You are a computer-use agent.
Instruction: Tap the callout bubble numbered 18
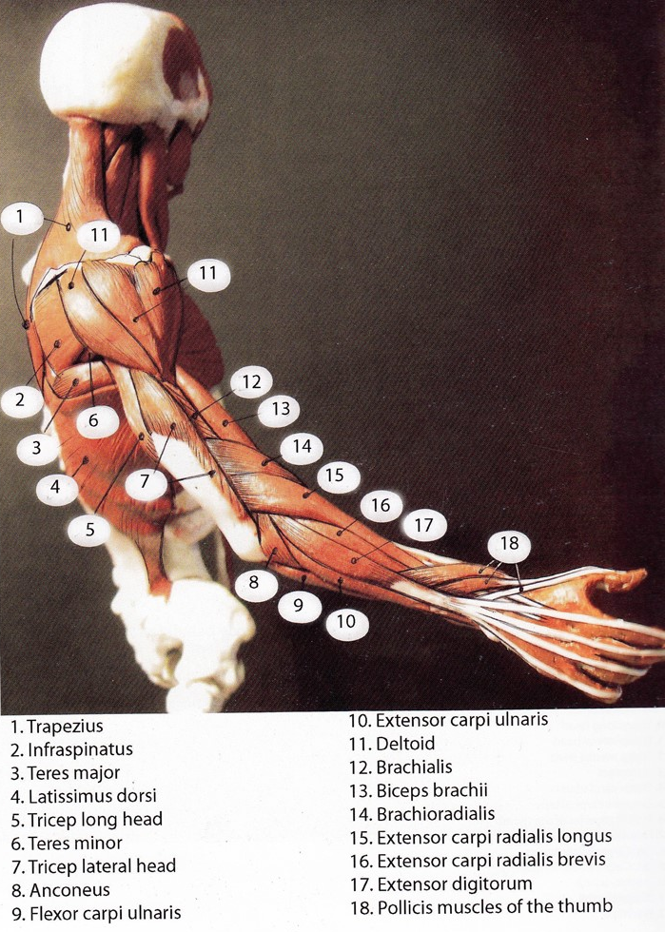point(509,545)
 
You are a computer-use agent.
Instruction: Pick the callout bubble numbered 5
point(89,530)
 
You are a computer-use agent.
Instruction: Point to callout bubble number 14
point(302,446)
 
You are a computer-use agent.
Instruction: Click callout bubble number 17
point(423,525)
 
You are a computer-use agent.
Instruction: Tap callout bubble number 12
point(250,382)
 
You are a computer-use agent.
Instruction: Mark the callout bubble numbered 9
point(299,603)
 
